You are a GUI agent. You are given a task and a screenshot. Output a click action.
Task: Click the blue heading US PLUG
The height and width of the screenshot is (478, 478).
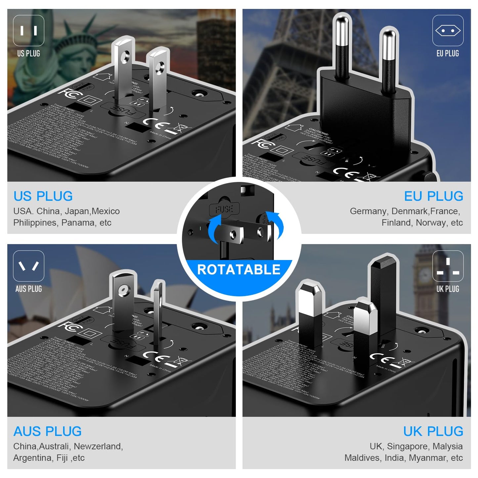(x=43, y=196)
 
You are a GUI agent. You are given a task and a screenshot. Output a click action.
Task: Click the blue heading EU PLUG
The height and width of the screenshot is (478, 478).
(x=433, y=196)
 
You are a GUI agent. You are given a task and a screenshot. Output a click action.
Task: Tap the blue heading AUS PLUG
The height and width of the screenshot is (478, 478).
(x=47, y=431)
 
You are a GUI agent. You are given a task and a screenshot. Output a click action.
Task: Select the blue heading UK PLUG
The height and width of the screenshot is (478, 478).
(x=433, y=431)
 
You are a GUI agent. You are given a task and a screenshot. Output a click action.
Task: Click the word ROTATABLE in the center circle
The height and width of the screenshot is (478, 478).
(x=239, y=270)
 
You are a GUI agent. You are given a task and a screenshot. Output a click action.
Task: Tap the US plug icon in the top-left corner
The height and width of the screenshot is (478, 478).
(x=28, y=31)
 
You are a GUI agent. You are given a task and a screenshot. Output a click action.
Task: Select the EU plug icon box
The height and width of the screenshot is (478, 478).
(x=448, y=31)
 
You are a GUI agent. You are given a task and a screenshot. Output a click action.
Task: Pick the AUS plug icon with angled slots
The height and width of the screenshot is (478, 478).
(x=28, y=266)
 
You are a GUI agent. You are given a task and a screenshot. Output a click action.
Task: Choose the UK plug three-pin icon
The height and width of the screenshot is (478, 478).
(x=448, y=266)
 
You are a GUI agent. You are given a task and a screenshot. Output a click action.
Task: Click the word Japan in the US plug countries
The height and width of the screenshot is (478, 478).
(x=77, y=211)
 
